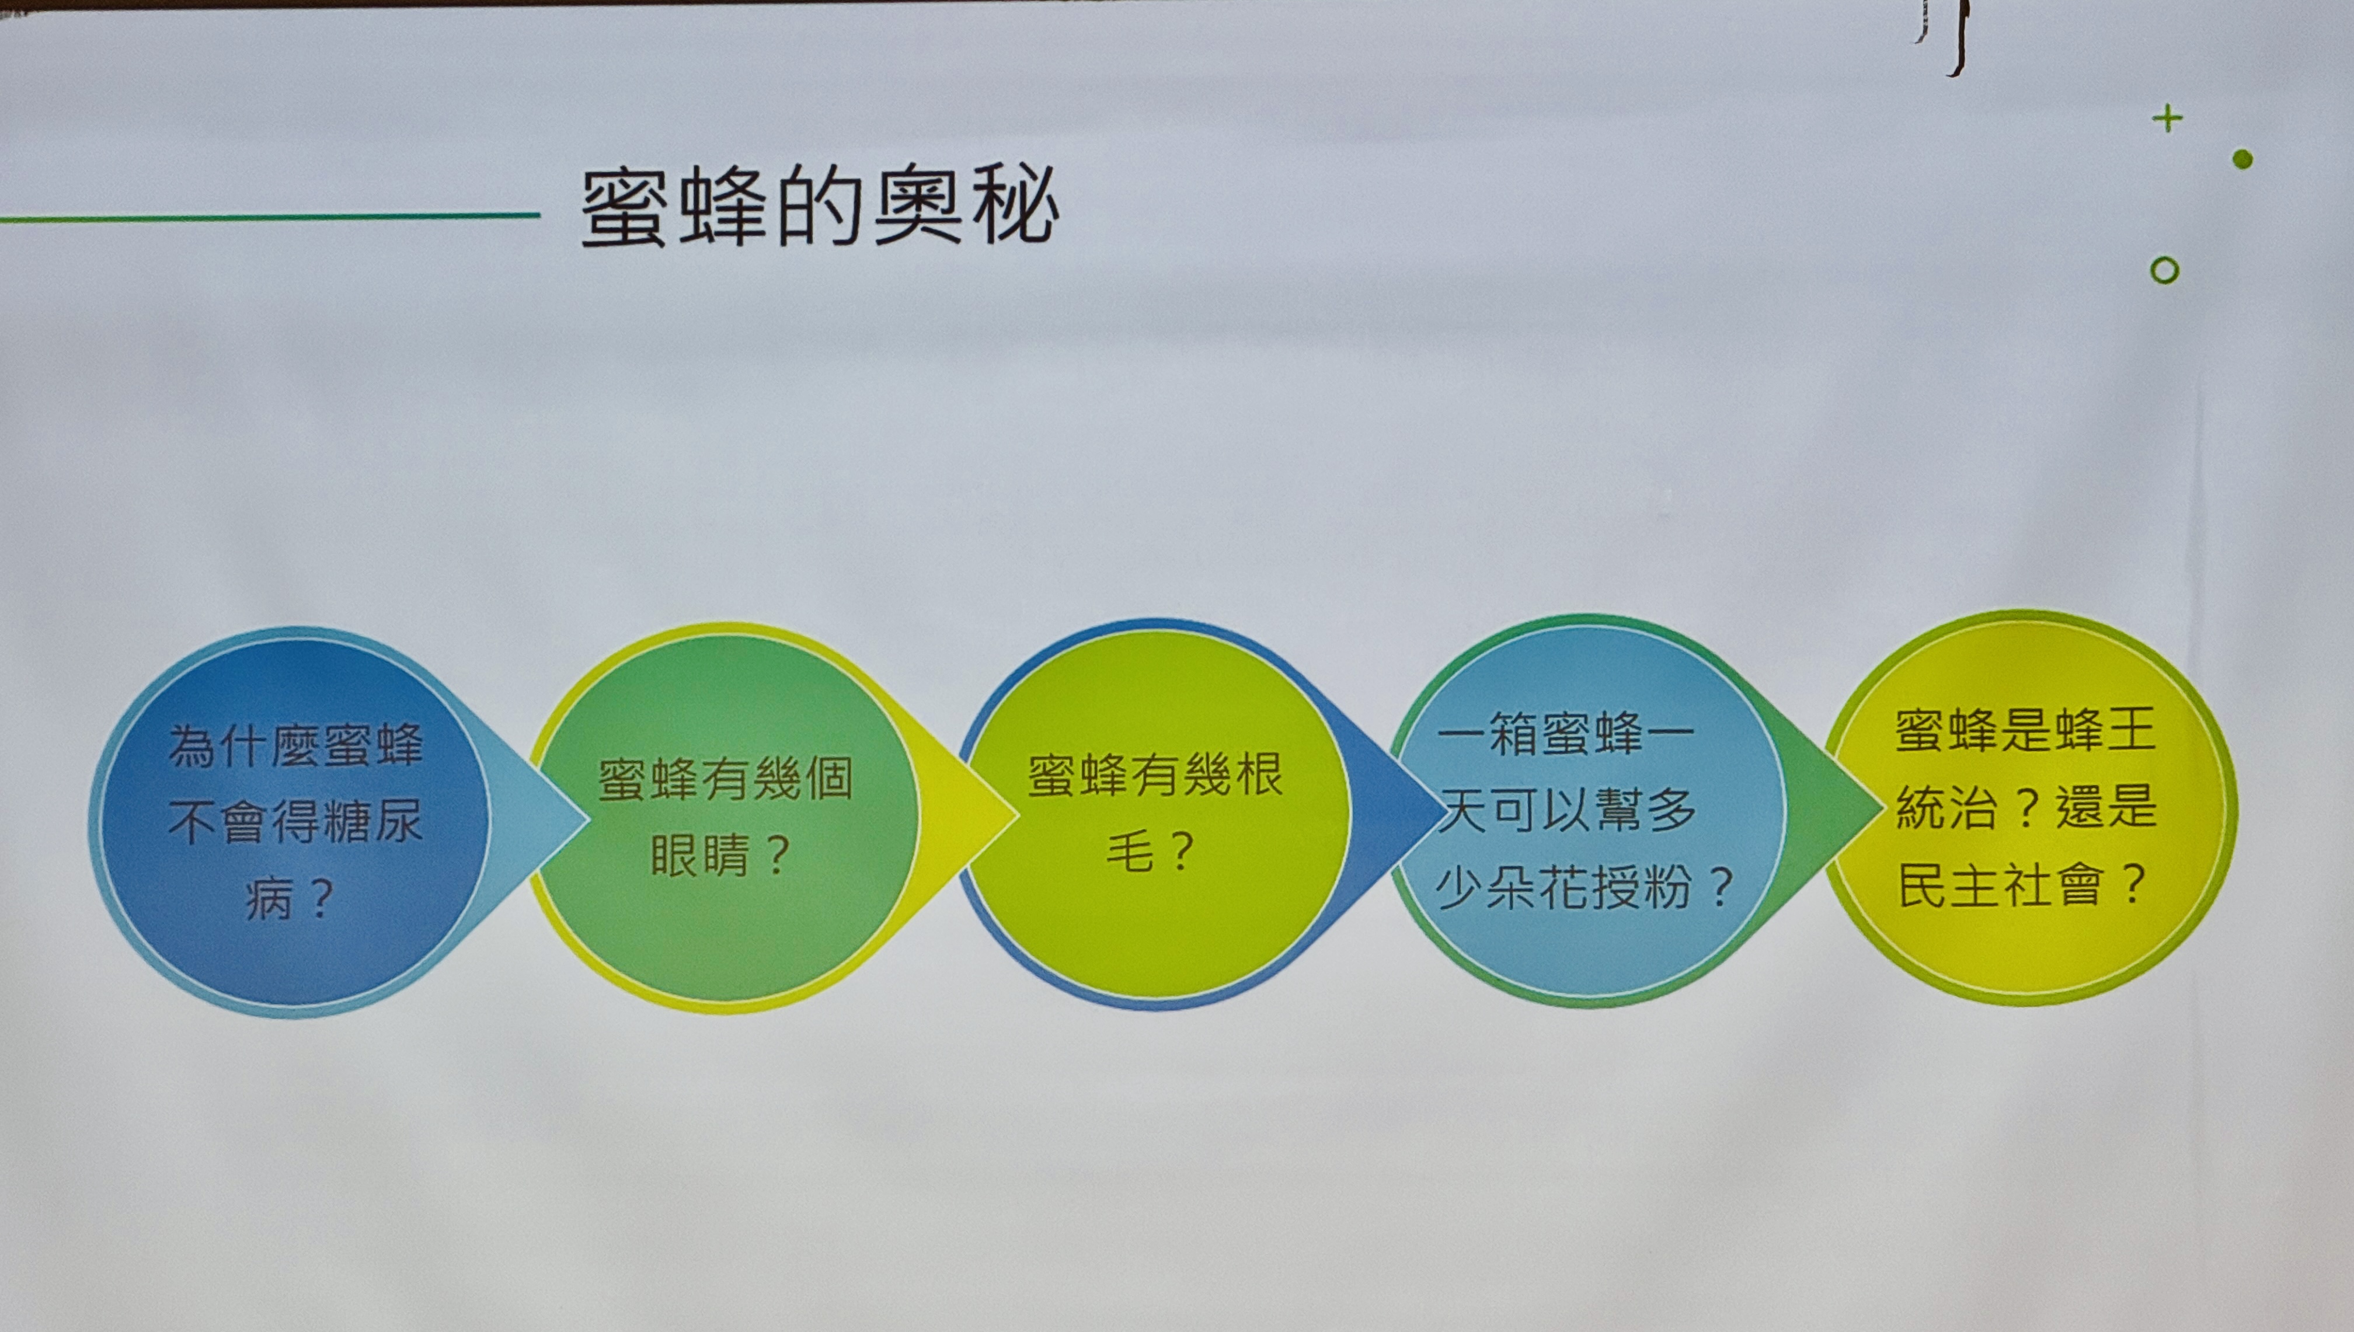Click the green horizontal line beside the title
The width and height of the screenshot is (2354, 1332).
point(270,217)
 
